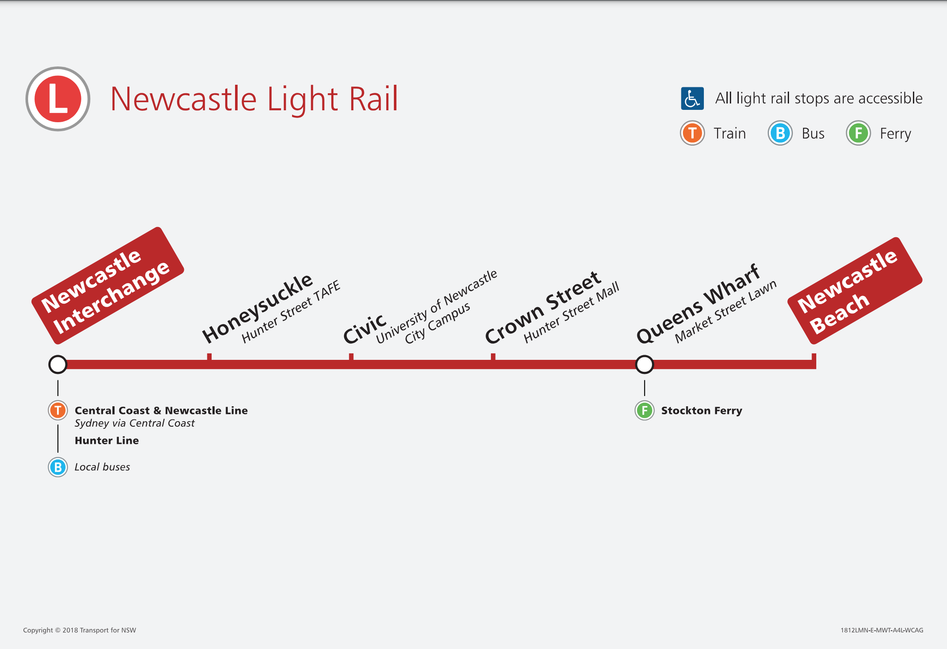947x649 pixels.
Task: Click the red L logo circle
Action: click(x=58, y=99)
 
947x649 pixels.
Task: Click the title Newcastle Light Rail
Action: click(x=254, y=99)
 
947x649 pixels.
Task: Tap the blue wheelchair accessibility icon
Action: click(x=692, y=99)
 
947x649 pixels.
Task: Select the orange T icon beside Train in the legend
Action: click(x=692, y=133)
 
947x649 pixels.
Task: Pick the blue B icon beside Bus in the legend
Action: click(x=780, y=133)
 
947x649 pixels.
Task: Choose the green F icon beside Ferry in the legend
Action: click(x=858, y=133)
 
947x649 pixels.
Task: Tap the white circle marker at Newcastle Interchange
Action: click(x=58, y=364)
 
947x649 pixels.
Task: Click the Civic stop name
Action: click(x=364, y=329)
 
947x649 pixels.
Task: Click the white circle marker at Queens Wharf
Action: click(x=644, y=364)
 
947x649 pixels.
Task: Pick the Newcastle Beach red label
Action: click(x=854, y=291)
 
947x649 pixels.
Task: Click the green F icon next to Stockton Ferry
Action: click(x=644, y=411)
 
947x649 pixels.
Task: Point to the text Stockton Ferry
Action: click(x=701, y=411)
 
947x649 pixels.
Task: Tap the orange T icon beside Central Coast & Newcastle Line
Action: click(x=58, y=411)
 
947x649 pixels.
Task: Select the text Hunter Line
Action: click(x=106, y=441)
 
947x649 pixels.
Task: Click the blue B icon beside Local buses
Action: click(x=58, y=467)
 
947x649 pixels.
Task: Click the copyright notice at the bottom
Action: click(x=80, y=630)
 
